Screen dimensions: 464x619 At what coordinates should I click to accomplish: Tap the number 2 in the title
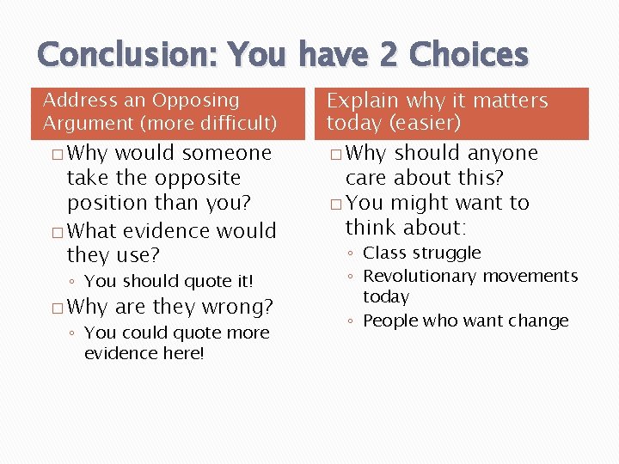(x=388, y=55)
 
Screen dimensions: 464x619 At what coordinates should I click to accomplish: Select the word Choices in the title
(x=469, y=55)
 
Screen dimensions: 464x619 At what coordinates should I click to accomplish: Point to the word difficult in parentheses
(x=235, y=124)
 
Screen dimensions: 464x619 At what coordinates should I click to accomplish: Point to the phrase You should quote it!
(x=169, y=281)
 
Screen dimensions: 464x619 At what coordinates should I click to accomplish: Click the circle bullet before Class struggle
(x=353, y=254)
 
